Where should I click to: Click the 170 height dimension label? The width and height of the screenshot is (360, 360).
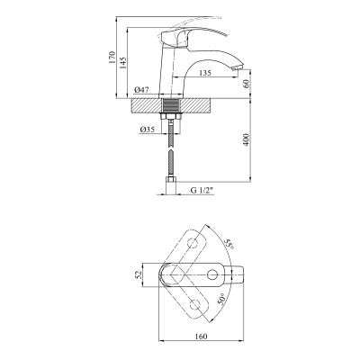click(x=112, y=57)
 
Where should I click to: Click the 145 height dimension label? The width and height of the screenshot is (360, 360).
click(x=123, y=63)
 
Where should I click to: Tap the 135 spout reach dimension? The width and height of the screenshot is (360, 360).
click(x=205, y=73)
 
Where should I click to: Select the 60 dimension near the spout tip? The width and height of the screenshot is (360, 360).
click(x=247, y=84)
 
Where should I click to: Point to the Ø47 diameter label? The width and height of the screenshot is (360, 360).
click(x=142, y=90)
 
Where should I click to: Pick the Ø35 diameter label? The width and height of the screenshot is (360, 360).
click(x=147, y=130)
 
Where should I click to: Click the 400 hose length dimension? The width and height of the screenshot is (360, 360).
click(x=246, y=139)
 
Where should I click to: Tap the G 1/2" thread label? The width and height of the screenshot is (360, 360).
click(x=202, y=190)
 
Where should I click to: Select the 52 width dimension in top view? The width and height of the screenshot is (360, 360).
click(x=138, y=274)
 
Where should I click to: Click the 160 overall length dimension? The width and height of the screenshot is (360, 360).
click(x=201, y=337)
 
